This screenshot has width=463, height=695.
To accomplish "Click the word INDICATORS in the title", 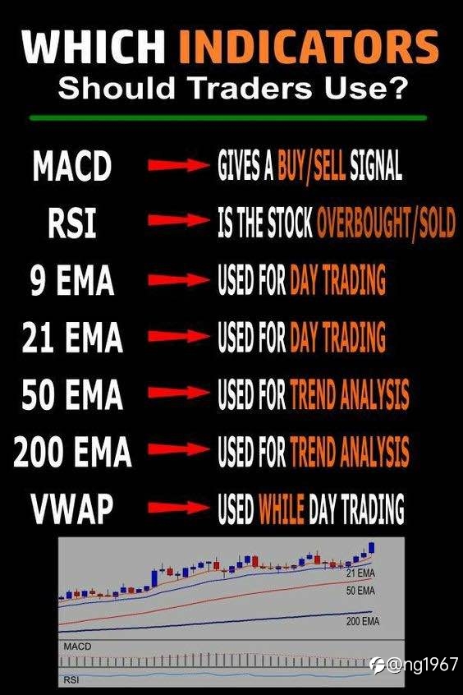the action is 309,47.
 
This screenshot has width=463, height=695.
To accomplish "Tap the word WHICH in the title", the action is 94,47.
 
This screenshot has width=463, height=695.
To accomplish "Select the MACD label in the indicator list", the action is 71,166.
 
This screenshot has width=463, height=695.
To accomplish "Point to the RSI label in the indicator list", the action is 71,223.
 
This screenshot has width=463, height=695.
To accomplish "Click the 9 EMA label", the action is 71,280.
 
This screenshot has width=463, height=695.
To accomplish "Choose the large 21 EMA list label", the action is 71,337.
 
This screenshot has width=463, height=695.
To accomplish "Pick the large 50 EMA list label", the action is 71,394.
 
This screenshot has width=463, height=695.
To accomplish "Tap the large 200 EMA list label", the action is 72,451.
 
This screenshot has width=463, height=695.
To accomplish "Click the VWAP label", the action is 71,508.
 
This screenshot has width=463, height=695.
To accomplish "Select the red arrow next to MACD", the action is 178,165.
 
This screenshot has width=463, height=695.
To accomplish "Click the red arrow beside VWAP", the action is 178,508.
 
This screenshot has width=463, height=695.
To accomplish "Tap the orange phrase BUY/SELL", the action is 311,165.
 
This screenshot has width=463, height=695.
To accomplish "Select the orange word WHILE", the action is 282,508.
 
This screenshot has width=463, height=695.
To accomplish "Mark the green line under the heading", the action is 228,118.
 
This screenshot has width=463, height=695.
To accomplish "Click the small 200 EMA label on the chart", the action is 363,621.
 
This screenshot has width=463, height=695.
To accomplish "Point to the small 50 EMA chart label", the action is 360,591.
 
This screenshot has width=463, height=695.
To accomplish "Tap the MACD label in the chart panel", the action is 77,647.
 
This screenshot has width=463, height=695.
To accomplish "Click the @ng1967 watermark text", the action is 422,665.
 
